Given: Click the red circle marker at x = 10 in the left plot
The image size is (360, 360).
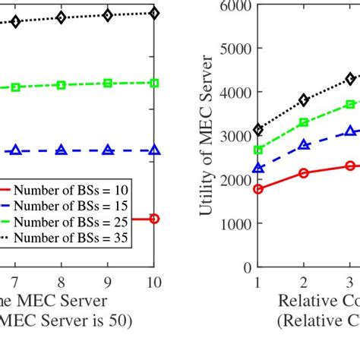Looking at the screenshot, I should [x=154, y=219].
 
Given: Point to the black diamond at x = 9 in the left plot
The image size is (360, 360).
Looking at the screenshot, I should [x=108, y=15].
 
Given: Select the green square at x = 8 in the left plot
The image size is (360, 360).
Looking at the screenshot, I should [x=62, y=85].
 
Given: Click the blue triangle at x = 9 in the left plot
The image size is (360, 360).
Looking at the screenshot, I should [x=108, y=150].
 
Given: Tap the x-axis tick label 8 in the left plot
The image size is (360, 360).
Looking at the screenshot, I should [x=62, y=282].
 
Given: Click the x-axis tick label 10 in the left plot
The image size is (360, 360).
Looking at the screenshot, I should [x=153, y=282].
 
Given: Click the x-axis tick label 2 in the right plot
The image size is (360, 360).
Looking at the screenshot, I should [x=304, y=282].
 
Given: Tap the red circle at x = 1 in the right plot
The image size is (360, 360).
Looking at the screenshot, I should [x=258, y=189].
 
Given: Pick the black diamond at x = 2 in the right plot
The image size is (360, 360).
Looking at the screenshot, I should [x=304, y=100].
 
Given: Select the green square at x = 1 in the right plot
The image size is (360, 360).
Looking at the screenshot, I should [x=258, y=150].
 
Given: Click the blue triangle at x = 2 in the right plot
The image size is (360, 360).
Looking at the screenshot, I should [x=304, y=144].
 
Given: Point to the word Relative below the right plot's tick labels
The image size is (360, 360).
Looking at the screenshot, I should [x=308, y=302].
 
